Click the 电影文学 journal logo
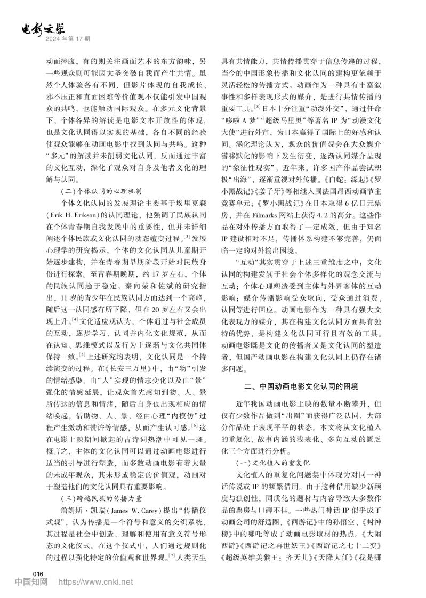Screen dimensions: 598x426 point(45,29)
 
